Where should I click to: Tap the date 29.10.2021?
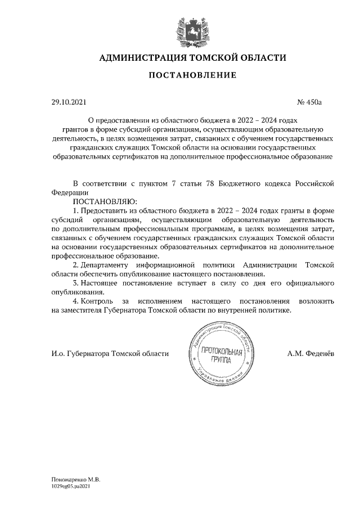coord(66,102)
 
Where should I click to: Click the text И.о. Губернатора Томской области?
coord(110,353)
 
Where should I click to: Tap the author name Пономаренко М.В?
coord(72,479)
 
